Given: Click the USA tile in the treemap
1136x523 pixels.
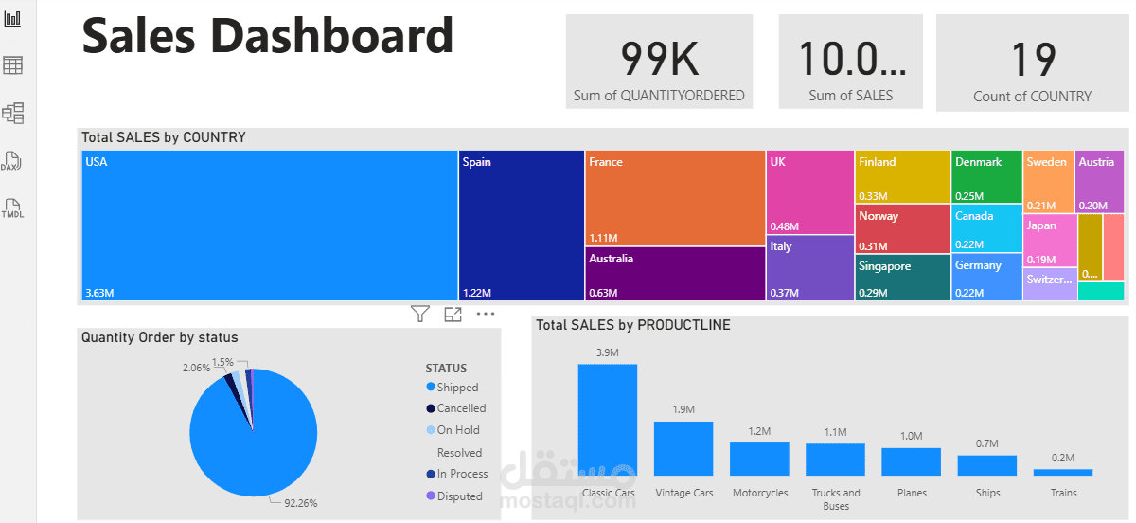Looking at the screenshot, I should (270, 225).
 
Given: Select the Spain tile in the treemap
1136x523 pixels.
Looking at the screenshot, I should (522, 225).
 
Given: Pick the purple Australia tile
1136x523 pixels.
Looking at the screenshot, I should (675, 275).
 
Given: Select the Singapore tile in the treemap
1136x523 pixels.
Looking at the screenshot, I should (903, 278).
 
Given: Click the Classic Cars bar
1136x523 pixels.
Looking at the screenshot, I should (608, 420).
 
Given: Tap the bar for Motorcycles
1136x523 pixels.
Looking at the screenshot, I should (759, 459).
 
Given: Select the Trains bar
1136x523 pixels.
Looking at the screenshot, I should (1063, 472).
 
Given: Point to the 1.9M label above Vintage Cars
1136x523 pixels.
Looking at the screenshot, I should (683, 409).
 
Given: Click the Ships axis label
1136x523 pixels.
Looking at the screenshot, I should (987, 493).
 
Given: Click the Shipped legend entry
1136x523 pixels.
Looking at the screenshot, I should (457, 388).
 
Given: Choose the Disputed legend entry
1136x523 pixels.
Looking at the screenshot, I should (459, 496).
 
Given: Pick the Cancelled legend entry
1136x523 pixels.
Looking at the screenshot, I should (461, 408).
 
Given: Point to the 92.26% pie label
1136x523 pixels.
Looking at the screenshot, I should (301, 502).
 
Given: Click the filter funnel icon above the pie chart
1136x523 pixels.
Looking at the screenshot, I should (420, 314).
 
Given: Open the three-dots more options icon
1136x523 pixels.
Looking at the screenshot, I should (486, 314).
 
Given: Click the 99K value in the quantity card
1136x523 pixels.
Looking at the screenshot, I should (659, 59).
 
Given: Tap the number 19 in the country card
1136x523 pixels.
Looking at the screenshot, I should (1033, 60).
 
